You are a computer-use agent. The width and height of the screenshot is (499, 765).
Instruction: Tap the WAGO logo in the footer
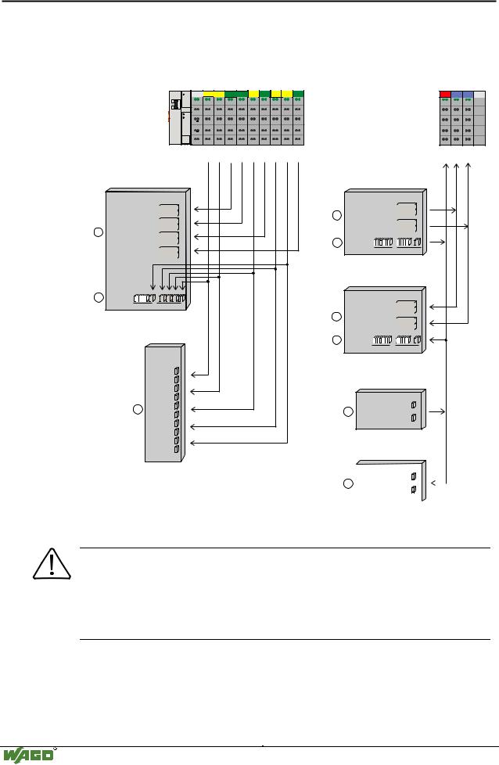[29, 755]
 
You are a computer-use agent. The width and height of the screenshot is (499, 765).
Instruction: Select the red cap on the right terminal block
[446, 94]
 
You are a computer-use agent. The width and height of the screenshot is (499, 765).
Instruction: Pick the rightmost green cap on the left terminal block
[298, 94]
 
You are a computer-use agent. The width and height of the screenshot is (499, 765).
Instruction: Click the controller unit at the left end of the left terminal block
[180, 117]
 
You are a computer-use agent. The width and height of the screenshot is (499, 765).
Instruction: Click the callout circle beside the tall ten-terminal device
[137, 409]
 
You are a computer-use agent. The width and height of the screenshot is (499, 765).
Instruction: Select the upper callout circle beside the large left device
[98, 232]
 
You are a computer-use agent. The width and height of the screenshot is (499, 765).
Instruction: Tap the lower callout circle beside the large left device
[98, 298]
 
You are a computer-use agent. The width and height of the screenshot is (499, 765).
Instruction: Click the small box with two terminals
[390, 409]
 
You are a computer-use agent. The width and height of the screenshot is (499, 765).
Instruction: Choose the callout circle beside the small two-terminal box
[349, 411]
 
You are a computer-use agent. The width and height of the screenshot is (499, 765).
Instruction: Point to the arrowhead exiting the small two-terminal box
[446, 411]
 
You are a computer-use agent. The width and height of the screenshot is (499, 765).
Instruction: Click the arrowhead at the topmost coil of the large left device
[195, 209]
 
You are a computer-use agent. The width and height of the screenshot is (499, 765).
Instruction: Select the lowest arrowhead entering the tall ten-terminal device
[195, 443]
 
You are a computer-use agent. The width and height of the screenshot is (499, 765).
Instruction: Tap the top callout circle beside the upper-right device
[336, 215]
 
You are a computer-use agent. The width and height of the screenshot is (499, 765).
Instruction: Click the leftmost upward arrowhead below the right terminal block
[446, 165]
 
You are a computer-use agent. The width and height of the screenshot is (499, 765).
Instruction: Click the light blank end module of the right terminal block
[479, 117]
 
